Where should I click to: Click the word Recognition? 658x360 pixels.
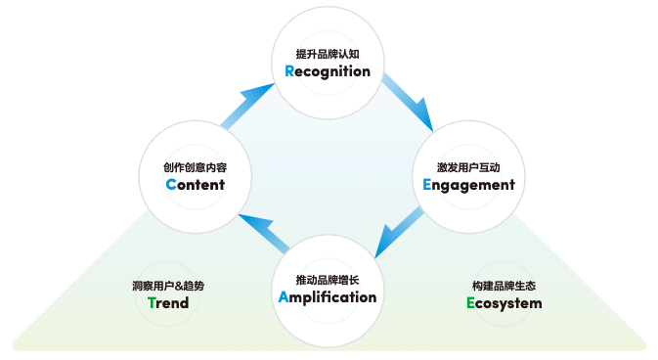[328, 71]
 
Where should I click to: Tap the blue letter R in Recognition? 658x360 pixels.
[289, 71]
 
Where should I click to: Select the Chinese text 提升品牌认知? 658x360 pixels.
[328, 53]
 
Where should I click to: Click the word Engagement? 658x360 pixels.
[468, 184]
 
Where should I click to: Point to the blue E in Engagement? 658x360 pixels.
[427, 184]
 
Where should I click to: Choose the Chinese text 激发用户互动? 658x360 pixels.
[468, 165]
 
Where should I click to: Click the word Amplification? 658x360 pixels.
[328, 297]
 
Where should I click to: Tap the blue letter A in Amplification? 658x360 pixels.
[285, 297]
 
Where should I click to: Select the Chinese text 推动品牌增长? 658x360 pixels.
[328, 279]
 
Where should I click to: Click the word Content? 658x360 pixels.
[196, 184]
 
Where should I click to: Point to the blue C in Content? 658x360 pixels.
[171, 184]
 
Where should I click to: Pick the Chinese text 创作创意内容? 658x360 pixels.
[196, 166]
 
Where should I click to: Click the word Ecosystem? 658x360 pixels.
[504, 303]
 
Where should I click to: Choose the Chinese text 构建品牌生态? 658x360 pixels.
[504, 286]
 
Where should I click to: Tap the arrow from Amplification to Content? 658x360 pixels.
[259, 230]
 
